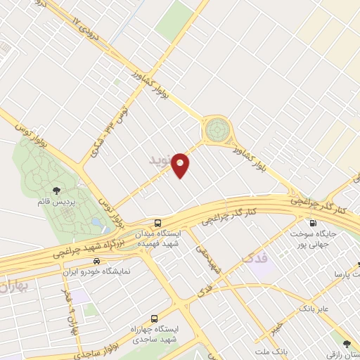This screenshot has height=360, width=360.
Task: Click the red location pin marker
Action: point(181,165)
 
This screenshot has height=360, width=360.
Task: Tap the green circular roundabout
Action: point(217,130)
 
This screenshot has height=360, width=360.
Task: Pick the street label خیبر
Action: point(276,324)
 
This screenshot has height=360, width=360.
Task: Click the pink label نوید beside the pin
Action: point(160,160)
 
